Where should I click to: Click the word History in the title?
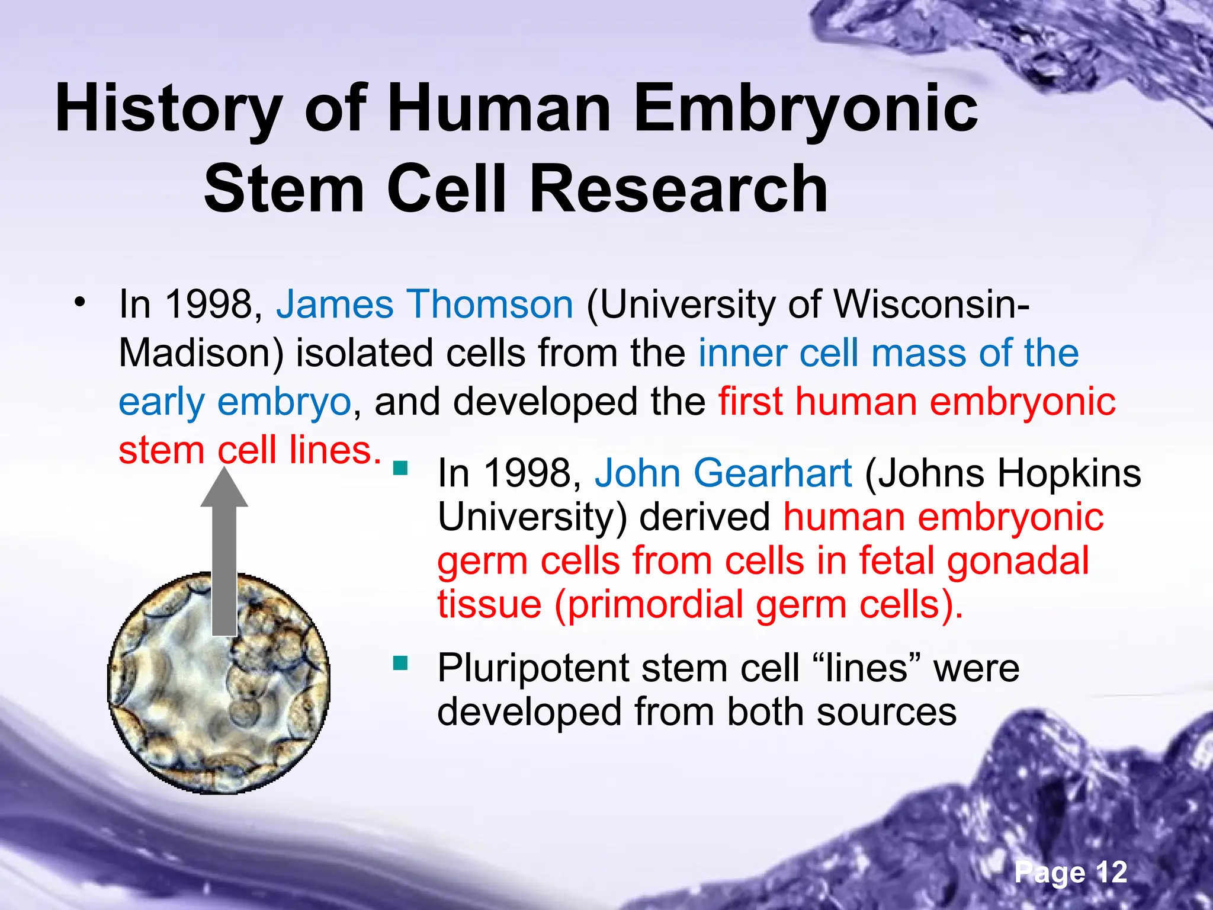click(x=169, y=110)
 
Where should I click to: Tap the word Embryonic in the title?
click(x=806, y=110)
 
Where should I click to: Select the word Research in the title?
click(x=678, y=190)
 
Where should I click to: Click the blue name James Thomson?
click(x=425, y=305)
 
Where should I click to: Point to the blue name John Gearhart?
click(x=723, y=473)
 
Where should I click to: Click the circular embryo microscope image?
click(x=219, y=684)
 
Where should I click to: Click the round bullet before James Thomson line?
click(x=79, y=303)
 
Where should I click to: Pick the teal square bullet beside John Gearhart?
click(x=401, y=469)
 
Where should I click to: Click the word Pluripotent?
click(x=532, y=668)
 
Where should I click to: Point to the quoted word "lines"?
click(x=867, y=668)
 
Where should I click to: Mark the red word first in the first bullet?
click(x=750, y=402)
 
